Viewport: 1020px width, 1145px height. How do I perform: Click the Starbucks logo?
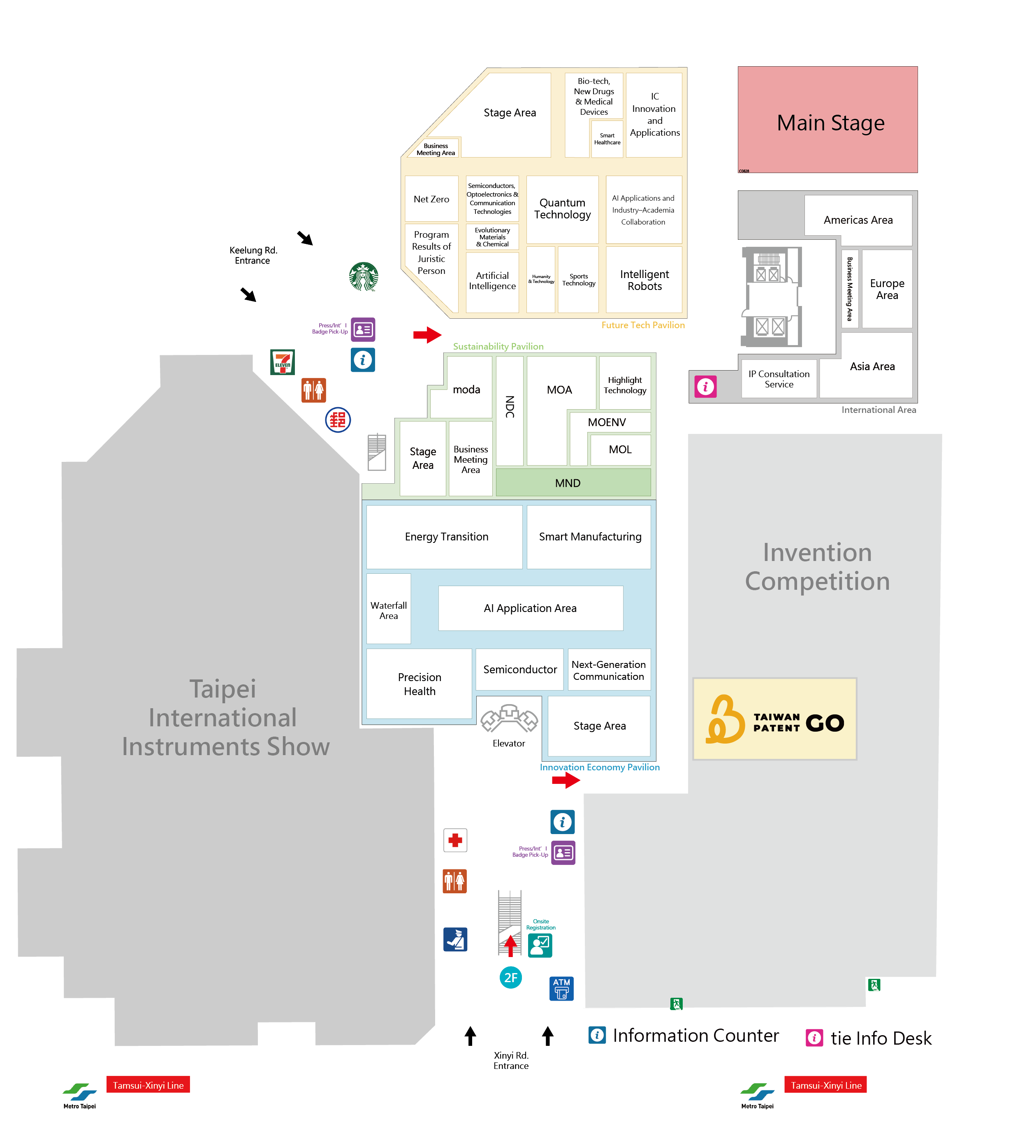(363, 276)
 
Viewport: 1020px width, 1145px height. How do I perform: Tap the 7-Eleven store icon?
(283, 362)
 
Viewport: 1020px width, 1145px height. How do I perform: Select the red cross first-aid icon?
(455, 840)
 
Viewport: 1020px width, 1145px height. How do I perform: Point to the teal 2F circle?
(510, 978)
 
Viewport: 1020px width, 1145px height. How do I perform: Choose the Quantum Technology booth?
(562, 209)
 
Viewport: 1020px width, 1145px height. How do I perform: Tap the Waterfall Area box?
(388, 610)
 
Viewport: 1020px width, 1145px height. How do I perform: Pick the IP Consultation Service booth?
(779, 379)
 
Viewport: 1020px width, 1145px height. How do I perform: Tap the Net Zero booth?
(431, 199)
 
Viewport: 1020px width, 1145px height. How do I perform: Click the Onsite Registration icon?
(540, 946)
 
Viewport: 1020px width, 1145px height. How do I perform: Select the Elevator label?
(508, 743)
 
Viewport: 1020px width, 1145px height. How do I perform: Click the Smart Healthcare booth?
(607, 139)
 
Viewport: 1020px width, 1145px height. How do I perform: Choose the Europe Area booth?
(887, 289)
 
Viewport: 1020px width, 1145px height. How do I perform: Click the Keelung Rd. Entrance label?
(253, 255)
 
